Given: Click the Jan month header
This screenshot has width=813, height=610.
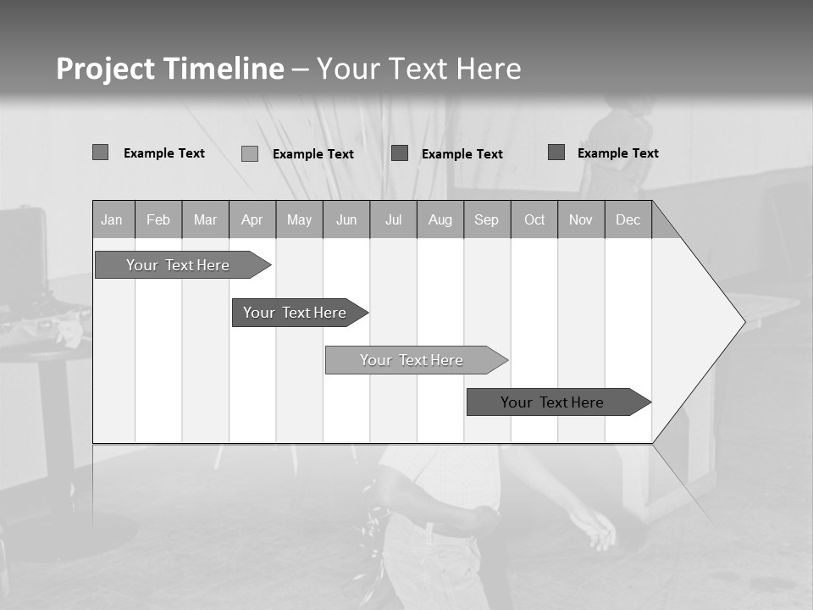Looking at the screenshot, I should click(112, 219).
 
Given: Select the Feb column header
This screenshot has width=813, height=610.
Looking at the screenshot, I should click(158, 219).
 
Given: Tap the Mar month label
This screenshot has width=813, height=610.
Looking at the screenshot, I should click(205, 219).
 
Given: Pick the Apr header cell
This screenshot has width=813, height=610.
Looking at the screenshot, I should click(252, 219).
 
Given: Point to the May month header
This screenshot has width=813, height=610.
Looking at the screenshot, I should click(299, 219).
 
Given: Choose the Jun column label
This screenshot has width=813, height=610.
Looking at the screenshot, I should click(346, 219).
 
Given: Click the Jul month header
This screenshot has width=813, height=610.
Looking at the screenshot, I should click(393, 219).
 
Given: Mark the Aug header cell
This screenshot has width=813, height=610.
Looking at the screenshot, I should click(440, 219).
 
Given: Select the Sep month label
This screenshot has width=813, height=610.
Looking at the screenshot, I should click(487, 219).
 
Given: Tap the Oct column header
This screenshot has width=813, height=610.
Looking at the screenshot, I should click(534, 219).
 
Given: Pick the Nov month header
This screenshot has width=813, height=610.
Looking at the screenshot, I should click(581, 219).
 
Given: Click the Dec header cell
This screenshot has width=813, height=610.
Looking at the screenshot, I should click(628, 219).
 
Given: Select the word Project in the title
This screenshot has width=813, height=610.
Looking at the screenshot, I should click(105, 69).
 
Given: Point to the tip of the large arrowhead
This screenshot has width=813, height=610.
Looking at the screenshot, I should click(744, 321).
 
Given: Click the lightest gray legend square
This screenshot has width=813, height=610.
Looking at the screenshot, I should click(250, 153).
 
